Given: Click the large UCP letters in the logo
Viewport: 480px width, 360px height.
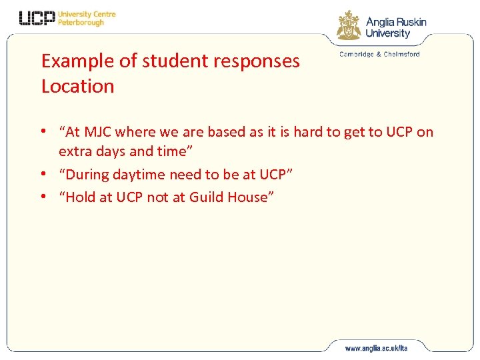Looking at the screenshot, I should [37, 18].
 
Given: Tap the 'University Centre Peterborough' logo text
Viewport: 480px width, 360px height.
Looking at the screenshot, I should [87, 18].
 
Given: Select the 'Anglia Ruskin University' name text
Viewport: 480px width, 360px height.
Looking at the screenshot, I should [396, 27].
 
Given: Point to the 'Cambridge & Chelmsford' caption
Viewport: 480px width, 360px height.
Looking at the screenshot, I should [379, 54].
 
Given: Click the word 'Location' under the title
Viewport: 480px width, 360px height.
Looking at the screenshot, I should [77, 86].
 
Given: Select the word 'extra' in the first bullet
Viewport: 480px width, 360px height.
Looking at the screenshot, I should [75, 151].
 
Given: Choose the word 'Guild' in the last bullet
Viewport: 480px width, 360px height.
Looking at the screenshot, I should [207, 197].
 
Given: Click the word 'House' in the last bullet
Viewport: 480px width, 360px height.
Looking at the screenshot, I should [248, 197].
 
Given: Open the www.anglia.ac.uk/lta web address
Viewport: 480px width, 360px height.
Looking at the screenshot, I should [375, 348].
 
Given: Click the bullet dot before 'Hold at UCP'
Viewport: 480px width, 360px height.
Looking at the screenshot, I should [44, 197].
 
